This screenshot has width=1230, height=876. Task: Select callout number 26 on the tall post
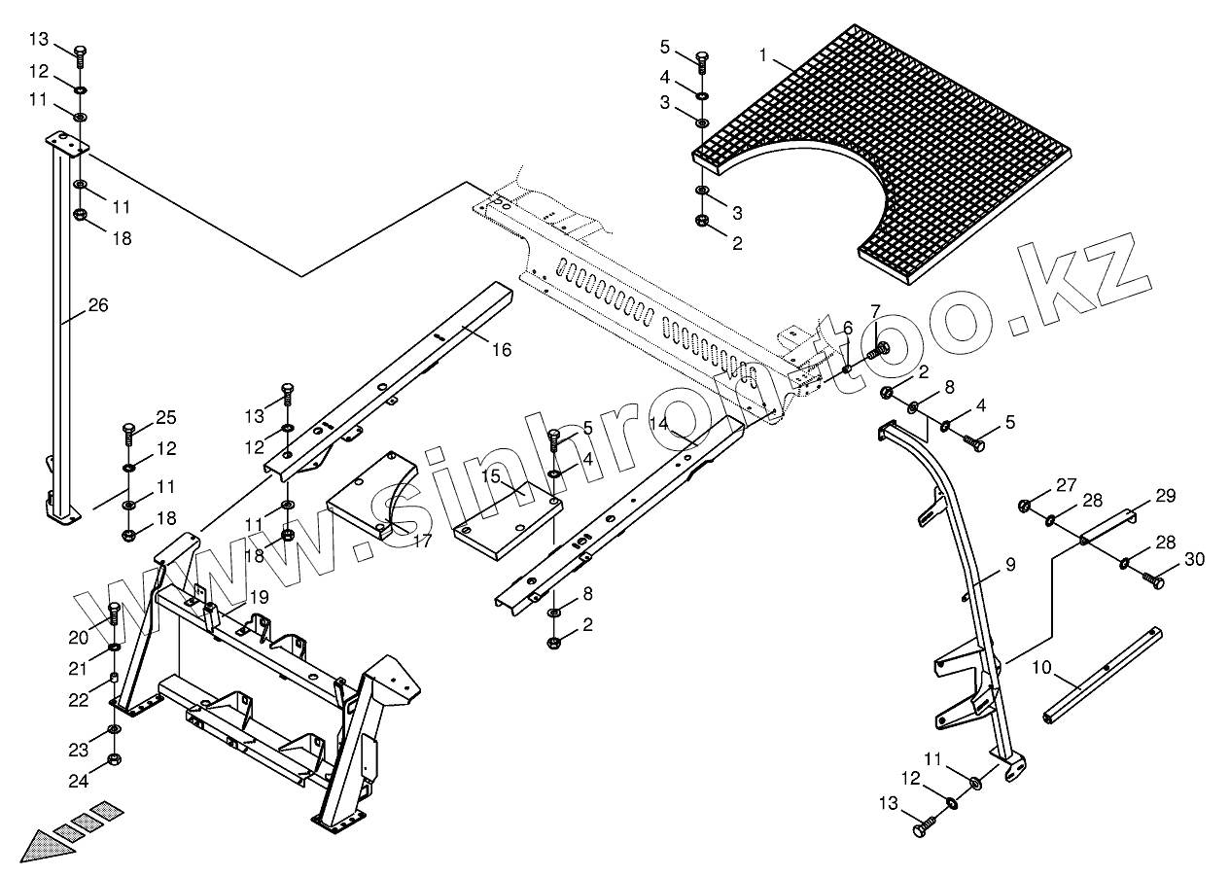click(x=97, y=305)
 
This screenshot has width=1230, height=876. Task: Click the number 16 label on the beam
click(x=501, y=350)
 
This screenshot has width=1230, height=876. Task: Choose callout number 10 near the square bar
click(x=1041, y=668)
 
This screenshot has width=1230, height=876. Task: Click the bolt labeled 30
click(x=1154, y=580)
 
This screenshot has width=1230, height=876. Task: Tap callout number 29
click(x=1165, y=496)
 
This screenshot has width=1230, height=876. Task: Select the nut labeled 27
click(x=1025, y=505)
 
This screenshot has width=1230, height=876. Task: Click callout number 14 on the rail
click(x=659, y=423)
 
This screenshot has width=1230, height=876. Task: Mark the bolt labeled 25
click(x=128, y=430)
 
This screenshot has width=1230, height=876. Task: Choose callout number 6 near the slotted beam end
click(x=847, y=328)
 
